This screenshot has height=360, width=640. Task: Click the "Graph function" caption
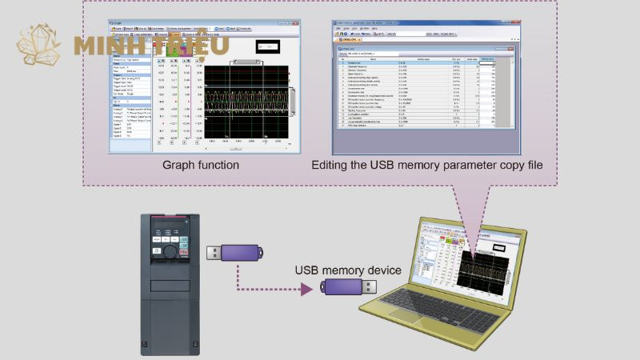(x=202, y=165)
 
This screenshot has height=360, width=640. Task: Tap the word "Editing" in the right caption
(x=333, y=165)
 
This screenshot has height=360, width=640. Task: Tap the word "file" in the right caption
(x=531, y=165)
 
